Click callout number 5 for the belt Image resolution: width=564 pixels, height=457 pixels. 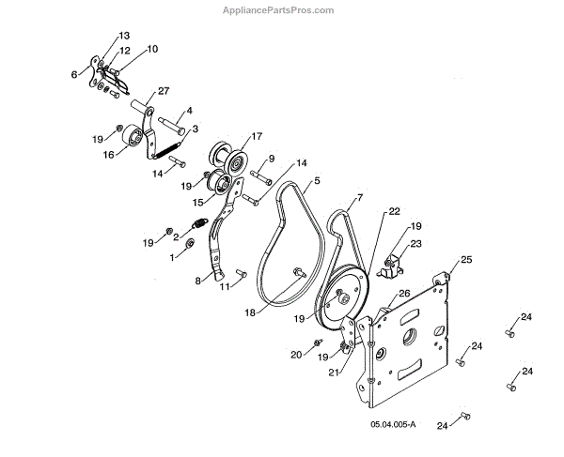coord(318,180)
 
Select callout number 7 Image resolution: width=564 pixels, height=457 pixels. coord(359,199)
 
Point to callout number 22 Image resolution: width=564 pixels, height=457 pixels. coord(395,213)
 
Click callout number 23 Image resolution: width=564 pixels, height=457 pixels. coord(416,243)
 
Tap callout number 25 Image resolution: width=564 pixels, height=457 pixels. coord(466,259)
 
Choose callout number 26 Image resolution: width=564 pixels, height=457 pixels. coord(405,293)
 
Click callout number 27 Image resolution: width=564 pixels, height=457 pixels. coord(164,90)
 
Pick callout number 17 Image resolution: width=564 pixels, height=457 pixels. coord(256,135)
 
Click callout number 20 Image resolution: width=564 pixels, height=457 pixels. coord(296,354)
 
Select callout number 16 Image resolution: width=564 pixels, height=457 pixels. coord(109,155)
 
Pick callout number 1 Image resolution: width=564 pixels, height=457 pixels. coord(171,256)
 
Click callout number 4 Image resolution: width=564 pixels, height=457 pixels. coord(190,111)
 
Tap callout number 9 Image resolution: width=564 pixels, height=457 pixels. coord(272,159)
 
